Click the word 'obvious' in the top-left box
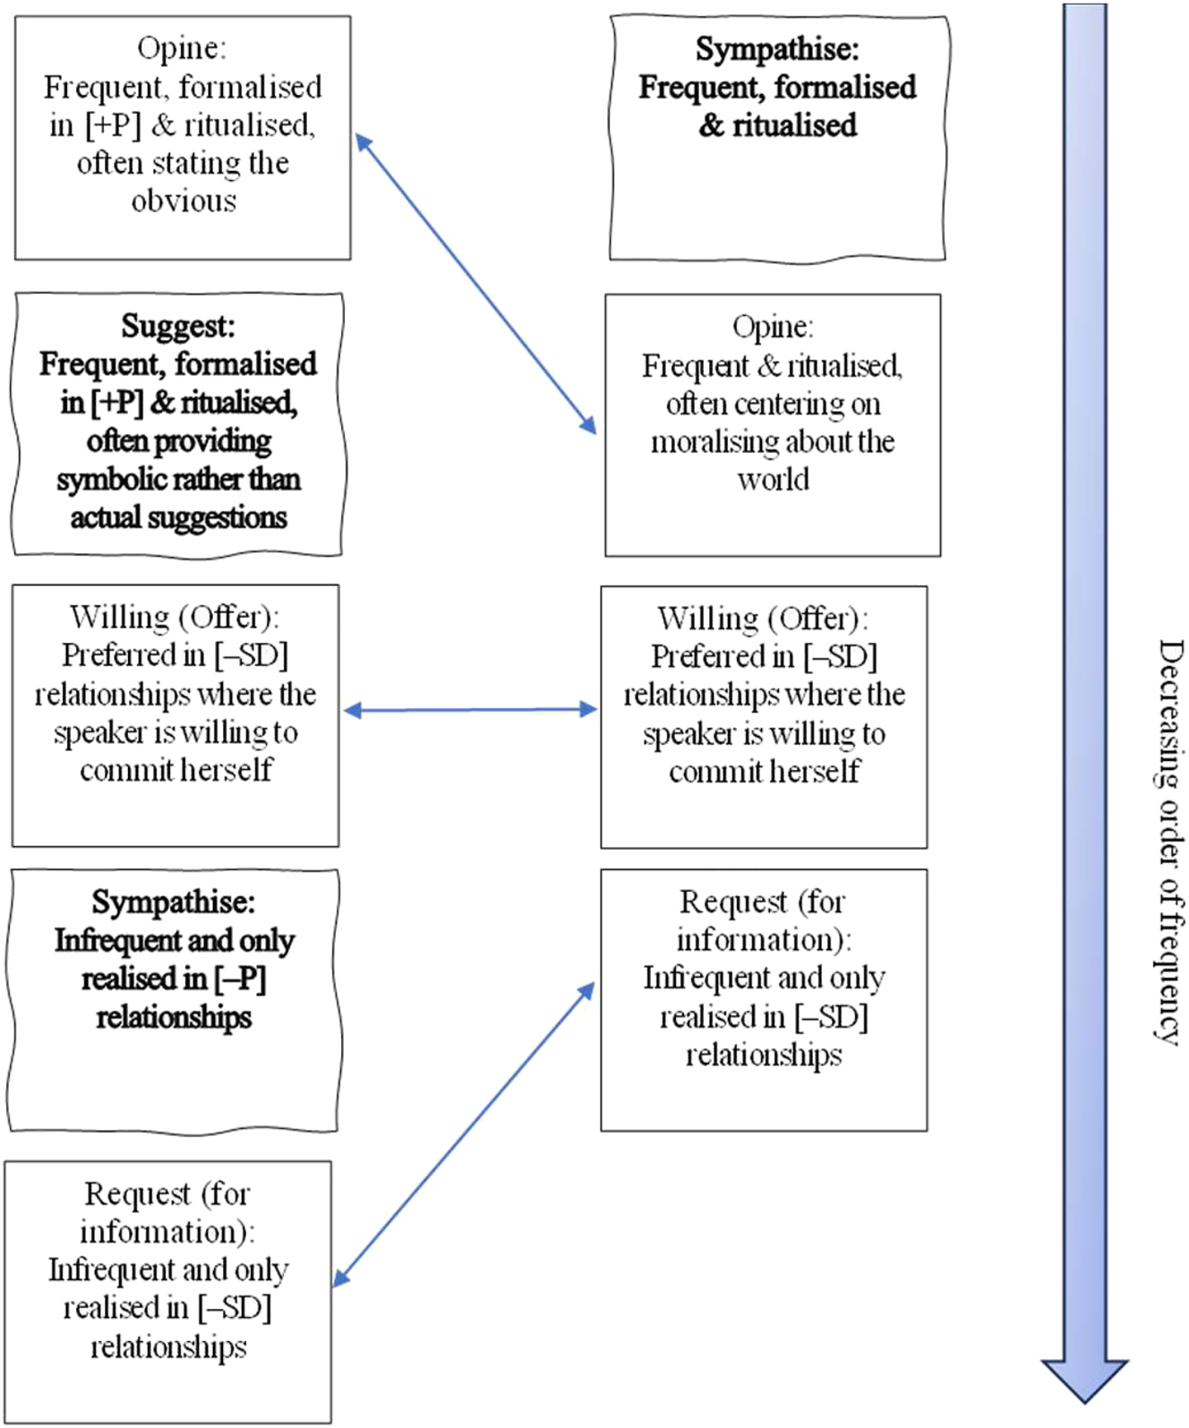coord(184,201)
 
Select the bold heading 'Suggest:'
coord(177,326)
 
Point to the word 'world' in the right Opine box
coord(773,480)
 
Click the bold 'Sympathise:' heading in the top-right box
coord(776,48)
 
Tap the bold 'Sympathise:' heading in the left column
coord(173,902)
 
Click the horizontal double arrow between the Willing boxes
coord(470,710)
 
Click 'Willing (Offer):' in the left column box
coord(175,617)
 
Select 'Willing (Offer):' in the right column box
coord(763,619)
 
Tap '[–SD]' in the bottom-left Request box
coord(235,1308)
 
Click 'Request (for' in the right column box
coord(762,902)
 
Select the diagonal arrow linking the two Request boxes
coord(464,1135)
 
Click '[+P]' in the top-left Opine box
coord(113,125)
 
